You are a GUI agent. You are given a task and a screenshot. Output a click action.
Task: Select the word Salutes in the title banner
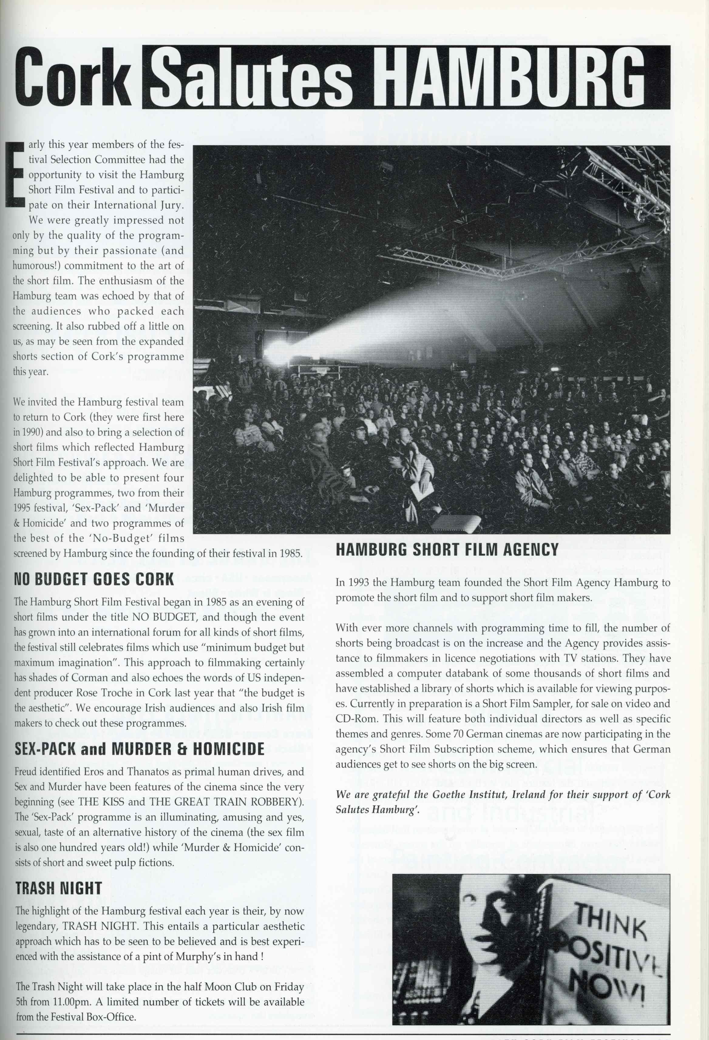pyautogui.click(x=258, y=77)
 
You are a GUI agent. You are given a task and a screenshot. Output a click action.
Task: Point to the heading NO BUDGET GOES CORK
pyautogui.click(x=94, y=579)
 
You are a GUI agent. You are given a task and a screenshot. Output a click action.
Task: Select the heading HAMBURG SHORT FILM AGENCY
pyautogui.click(x=447, y=549)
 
